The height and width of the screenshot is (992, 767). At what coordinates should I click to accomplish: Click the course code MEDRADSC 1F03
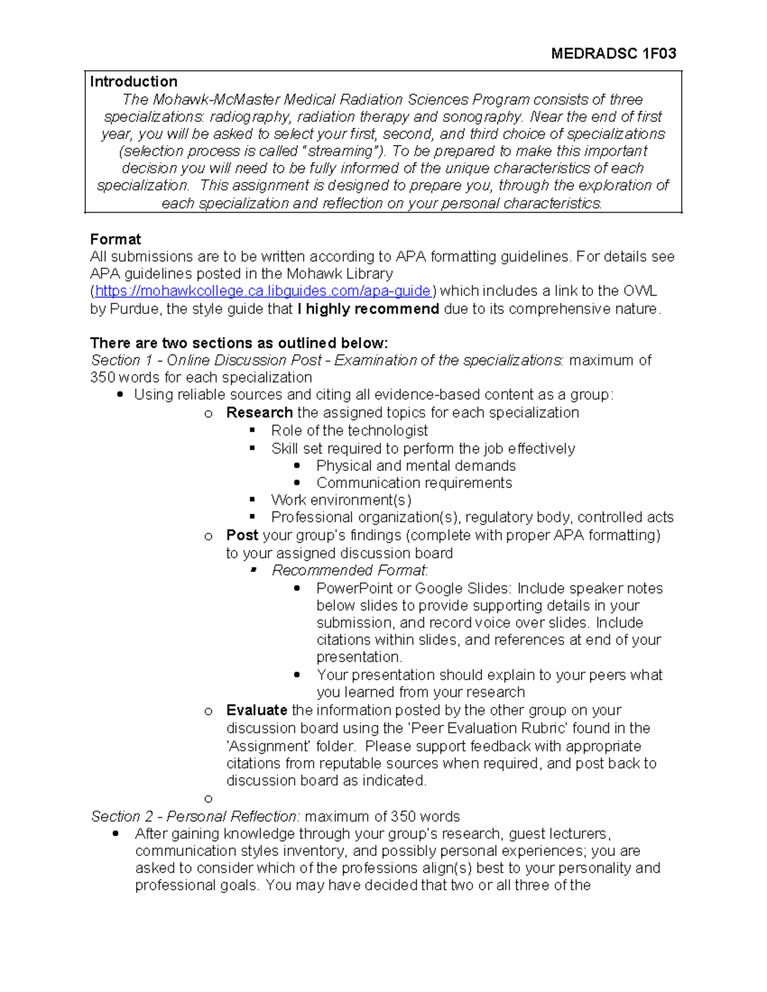point(613,54)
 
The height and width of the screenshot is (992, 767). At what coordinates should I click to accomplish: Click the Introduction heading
point(134,82)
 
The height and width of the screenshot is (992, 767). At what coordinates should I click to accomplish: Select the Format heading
point(115,240)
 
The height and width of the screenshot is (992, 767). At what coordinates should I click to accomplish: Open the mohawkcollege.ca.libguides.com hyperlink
point(263,291)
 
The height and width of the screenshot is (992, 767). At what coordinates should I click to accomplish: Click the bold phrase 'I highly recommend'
point(368,309)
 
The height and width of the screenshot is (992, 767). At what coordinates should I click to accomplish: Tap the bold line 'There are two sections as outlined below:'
point(239,343)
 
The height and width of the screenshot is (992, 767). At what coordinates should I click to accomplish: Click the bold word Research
point(259,413)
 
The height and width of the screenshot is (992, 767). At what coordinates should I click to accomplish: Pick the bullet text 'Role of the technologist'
point(349,431)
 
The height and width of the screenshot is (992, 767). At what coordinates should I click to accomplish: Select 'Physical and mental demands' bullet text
point(415,466)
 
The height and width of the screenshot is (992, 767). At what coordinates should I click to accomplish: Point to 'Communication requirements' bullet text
point(414,483)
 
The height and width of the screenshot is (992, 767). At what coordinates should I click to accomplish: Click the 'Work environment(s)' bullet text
point(341,500)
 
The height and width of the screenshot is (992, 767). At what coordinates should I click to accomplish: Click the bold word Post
point(242,535)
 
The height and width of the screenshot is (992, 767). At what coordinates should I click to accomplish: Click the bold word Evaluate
point(256,710)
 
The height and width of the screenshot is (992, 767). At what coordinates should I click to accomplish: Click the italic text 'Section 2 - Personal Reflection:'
point(195,817)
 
